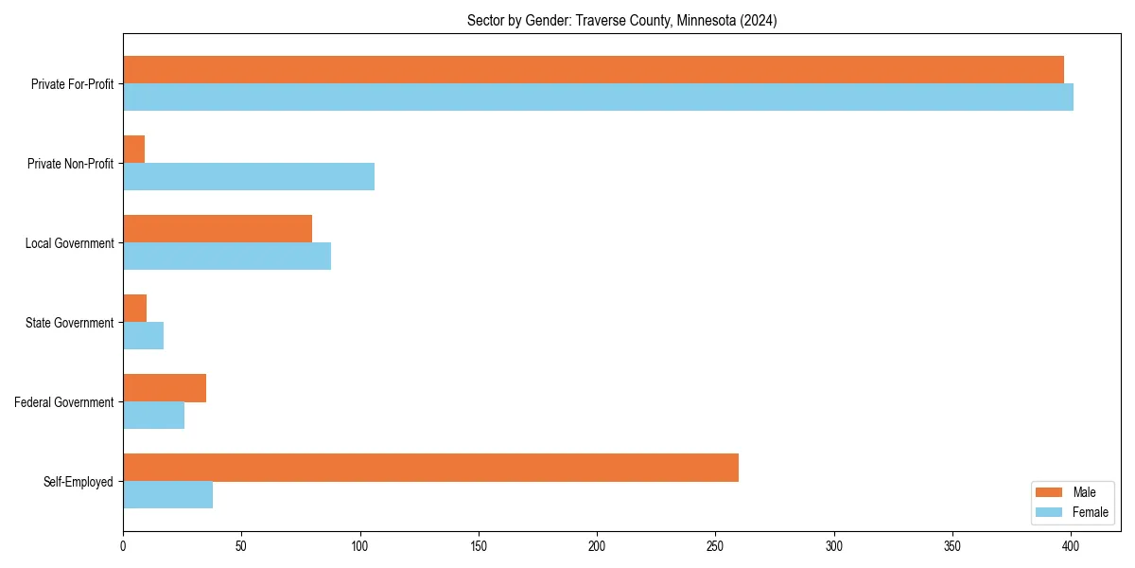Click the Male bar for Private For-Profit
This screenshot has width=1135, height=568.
tap(593, 70)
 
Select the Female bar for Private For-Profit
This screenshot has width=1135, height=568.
tap(598, 98)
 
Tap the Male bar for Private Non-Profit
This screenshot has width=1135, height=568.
tap(134, 150)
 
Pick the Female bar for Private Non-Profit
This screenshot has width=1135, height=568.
tap(249, 177)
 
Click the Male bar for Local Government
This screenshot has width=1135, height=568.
tap(218, 229)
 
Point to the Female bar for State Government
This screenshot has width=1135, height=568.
tap(144, 336)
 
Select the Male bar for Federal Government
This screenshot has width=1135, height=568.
tap(165, 388)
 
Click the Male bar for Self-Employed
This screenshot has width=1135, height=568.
tap(430, 468)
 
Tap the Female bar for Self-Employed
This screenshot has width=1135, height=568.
tap(168, 495)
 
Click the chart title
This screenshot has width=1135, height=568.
tap(621, 21)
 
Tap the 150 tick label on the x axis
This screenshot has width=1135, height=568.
tap(479, 546)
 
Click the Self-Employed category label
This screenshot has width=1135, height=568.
tap(79, 482)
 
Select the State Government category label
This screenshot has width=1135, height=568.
tap(70, 323)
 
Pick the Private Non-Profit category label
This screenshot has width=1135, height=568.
tap(72, 164)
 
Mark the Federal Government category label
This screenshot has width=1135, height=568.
tap(64, 402)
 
